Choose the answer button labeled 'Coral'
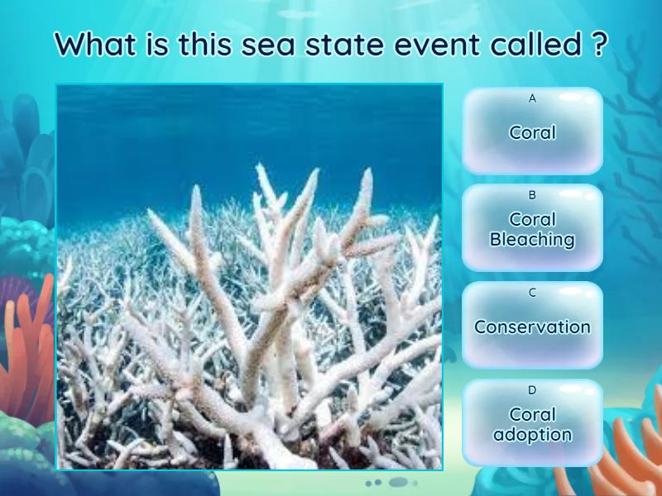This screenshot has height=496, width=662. [x=532, y=131]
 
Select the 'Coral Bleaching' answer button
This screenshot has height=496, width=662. [x=532, y=228]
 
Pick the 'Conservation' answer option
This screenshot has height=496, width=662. [x=532, y=326]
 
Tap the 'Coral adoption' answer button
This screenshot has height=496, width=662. [x=532, y=422]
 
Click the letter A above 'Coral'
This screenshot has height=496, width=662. [x=532, y=98]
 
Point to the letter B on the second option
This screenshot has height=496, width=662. [x=532, y=196]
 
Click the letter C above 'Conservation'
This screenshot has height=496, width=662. [x=532, y=293]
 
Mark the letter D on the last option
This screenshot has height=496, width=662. [x=532, y=390]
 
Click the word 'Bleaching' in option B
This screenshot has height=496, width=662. [x=532, y=240]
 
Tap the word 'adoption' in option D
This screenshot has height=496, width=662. [x=532, y=434]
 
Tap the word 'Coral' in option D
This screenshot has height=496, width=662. [x=532, y=414]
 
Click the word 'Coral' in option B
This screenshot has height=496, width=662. [x=532, y=220]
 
